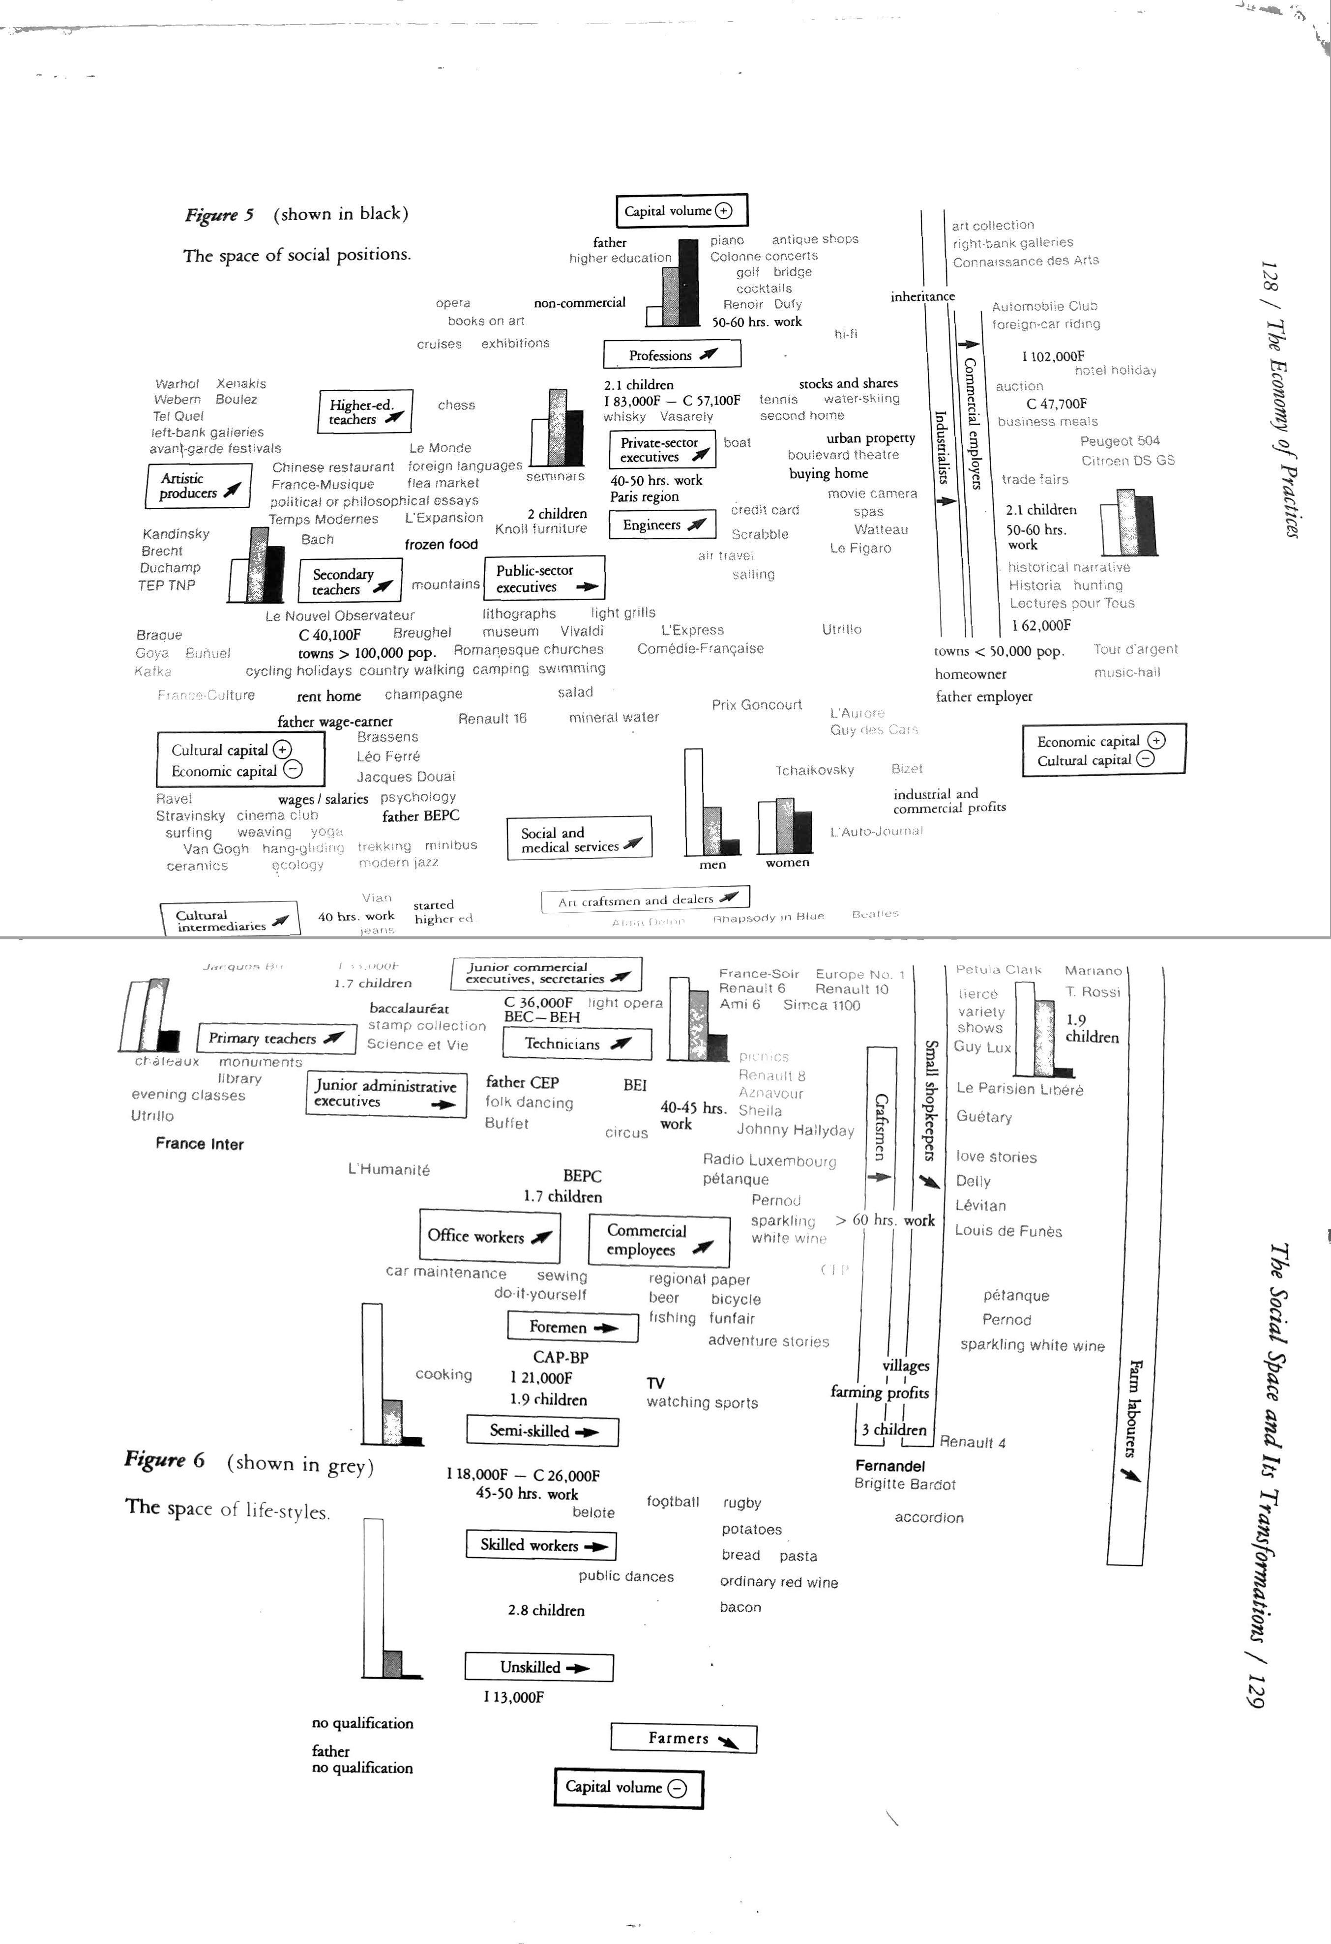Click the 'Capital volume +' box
click(x=681, y=211)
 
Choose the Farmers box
click(x=683, y=1738)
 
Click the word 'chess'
click(x=456, y=405)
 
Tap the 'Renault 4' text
click(x=972, y=1442)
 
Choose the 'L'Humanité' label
click(x=389, y=1169)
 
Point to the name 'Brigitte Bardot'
click(x=904, y=1484)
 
